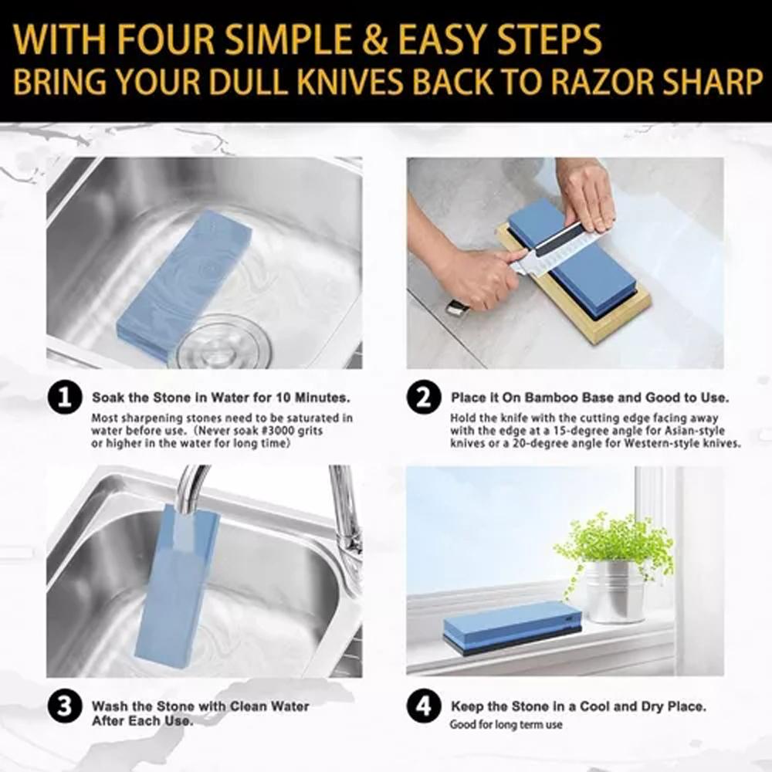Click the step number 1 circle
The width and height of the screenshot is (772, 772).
click(x=64, y=398)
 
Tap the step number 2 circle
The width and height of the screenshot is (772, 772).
click(x=424, y=398)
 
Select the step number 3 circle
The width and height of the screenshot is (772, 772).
click(x=64, y=707)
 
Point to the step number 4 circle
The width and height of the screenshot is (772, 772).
click(x=424, y=707)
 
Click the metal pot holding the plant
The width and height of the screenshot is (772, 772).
click(x=615, y=591)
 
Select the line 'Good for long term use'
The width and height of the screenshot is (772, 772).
click(x=506, y=725)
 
